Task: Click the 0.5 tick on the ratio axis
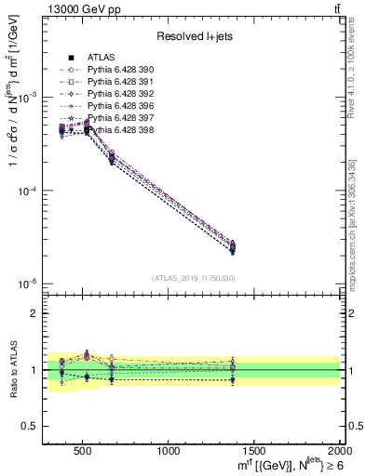click(x=36, y=426)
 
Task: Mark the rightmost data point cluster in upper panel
click(x=232, y=247)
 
